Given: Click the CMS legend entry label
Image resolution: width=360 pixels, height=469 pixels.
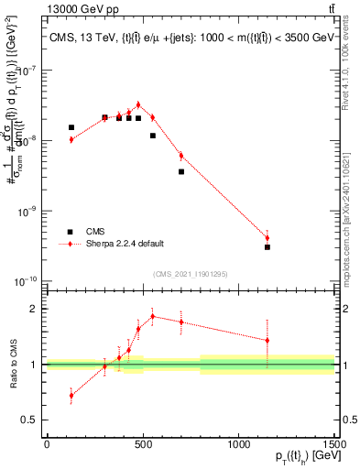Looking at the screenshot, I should (x=95, y=232).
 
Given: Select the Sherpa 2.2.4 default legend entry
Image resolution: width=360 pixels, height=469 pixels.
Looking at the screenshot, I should (x=125, y=244).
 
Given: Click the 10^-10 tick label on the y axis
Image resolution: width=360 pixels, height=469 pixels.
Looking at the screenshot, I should (x=27, y=280).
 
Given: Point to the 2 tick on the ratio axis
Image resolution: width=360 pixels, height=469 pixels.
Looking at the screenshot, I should (x=34, y=309).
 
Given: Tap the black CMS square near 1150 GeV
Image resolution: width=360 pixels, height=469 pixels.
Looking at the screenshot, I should (x=267, y=247).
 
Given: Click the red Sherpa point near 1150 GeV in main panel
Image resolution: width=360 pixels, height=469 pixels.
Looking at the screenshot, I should (x=267, y=238).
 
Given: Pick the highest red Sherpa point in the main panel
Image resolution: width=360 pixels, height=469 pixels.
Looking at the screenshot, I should (x=138, y=105).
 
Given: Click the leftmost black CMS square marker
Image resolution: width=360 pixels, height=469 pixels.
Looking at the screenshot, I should (x=71, y=127).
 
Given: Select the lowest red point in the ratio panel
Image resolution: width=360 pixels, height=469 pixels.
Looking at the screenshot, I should (x=71, y=396).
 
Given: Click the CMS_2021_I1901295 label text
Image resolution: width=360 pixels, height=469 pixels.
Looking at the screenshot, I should (x=190, y=273).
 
